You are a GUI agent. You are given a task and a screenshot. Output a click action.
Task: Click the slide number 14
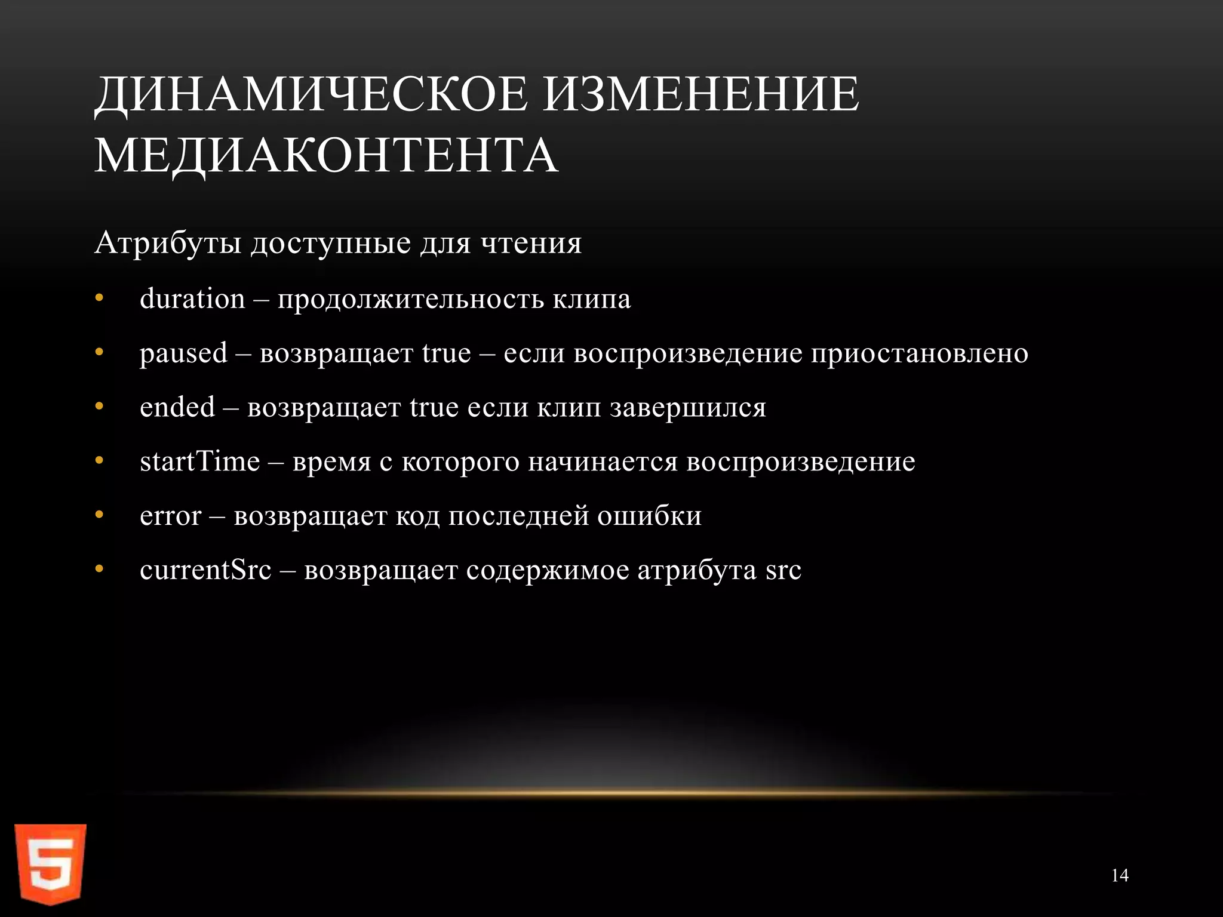[x=1120, y=876]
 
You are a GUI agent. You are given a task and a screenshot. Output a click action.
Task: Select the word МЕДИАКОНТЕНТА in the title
[x=326, y=155]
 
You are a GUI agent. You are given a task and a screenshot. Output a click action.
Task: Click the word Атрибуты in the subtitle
[x=168, y=244]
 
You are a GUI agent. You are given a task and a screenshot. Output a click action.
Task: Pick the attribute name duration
[x=192, y=299]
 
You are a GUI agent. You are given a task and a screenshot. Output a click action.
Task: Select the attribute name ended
[x=177, y=408]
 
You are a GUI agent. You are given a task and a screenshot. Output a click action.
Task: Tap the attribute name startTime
[x=199, y=461]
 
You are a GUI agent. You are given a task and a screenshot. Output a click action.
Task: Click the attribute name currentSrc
[x=205, y=570]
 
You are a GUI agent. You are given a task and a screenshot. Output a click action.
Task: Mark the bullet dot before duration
[x=99, y=299]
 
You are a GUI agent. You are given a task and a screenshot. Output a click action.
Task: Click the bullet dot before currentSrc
[x=99, y=570]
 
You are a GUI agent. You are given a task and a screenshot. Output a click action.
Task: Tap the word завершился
[x=687, y=408]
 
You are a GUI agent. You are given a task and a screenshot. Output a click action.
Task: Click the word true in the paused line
[x=446, y=353]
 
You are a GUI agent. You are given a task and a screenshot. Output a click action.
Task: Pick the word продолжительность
[x=410, y=299]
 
